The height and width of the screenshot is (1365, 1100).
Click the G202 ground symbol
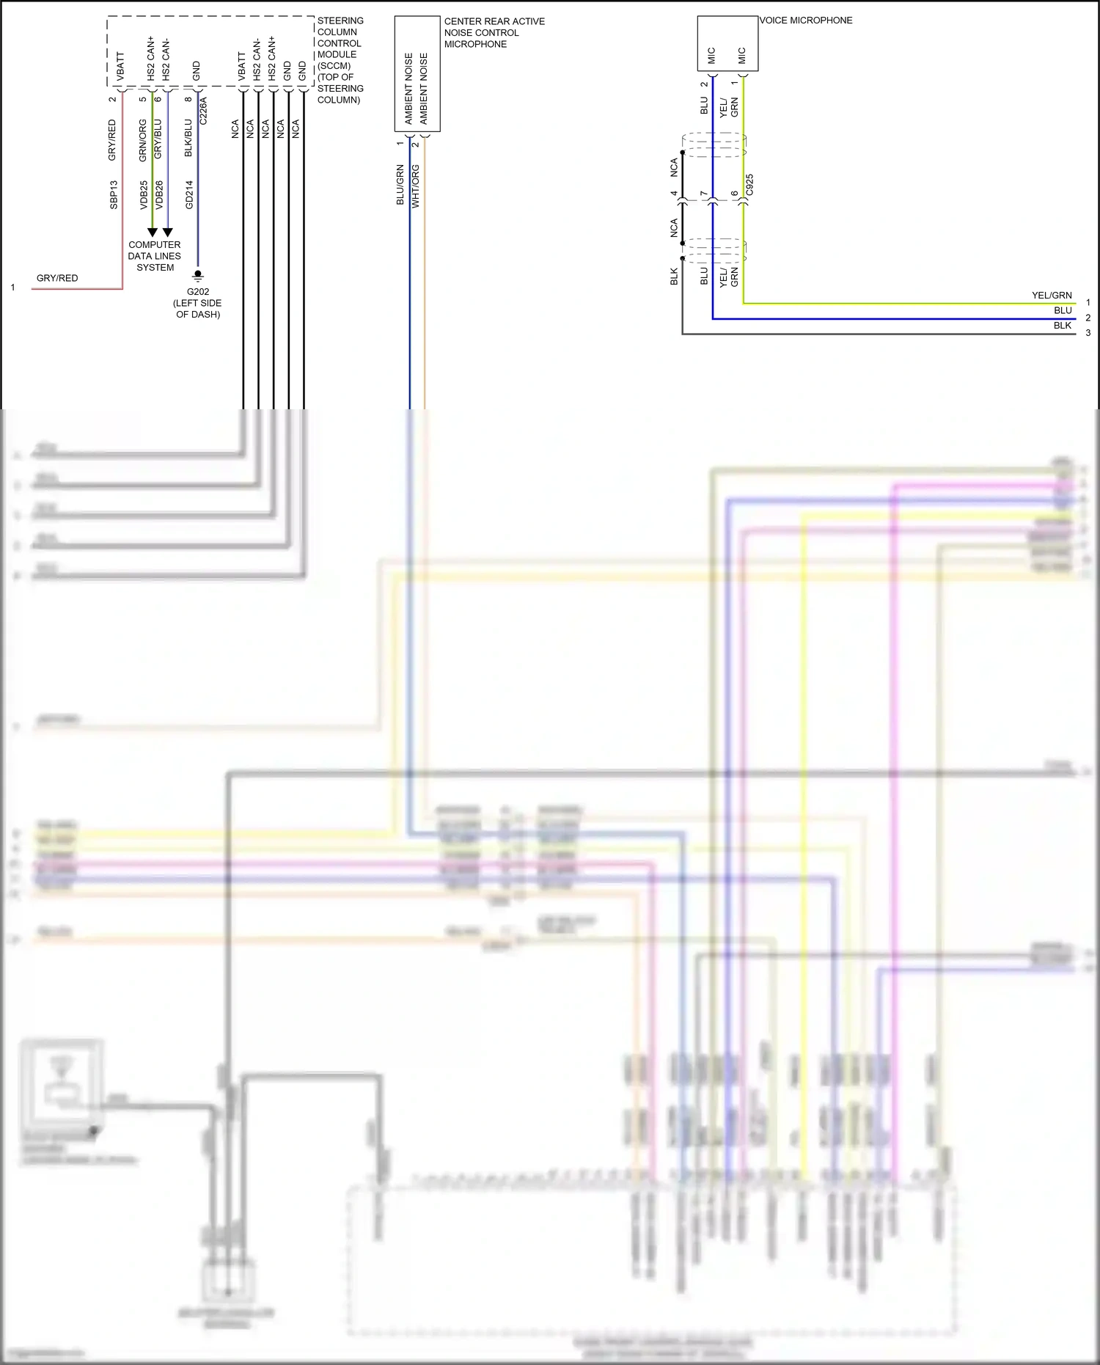click(x=197, y=276)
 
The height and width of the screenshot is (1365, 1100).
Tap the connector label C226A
click(x=203, y=111)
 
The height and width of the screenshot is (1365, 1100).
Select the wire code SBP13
click(x=114, y=194)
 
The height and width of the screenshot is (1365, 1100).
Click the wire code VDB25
click(x=144, y=194)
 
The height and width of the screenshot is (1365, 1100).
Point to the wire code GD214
click(x=189, y=194)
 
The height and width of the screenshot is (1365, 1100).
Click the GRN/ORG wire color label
click(x=143, y=140)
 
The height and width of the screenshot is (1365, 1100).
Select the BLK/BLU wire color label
click(x=188, y=138)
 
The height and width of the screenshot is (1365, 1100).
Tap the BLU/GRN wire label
click(x=400, y=185)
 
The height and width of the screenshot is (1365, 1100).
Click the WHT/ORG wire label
click(x=416, y=186)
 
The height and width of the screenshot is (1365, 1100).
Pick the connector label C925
click(x=749, y=185)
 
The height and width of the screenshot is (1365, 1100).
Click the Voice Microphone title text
click(x=805, y=21)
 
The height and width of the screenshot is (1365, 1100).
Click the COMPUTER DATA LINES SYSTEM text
click(x=154, y=256)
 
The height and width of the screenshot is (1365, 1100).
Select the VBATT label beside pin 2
click(x=120, y=66)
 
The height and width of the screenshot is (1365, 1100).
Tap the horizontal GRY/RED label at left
click(x=57, y=278)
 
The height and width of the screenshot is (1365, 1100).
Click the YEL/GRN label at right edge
click(x=1052, y=296)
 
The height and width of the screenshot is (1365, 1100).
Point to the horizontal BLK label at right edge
click(x=1062, y=326)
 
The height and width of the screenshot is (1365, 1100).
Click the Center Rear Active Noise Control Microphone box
click(x=417, y=74)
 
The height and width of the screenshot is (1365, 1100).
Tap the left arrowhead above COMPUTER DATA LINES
click(x=153, y=233)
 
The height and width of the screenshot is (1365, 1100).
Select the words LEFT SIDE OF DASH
click(x=197, y=309)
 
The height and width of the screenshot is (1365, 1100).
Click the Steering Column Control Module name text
click(x=340, y=60)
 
